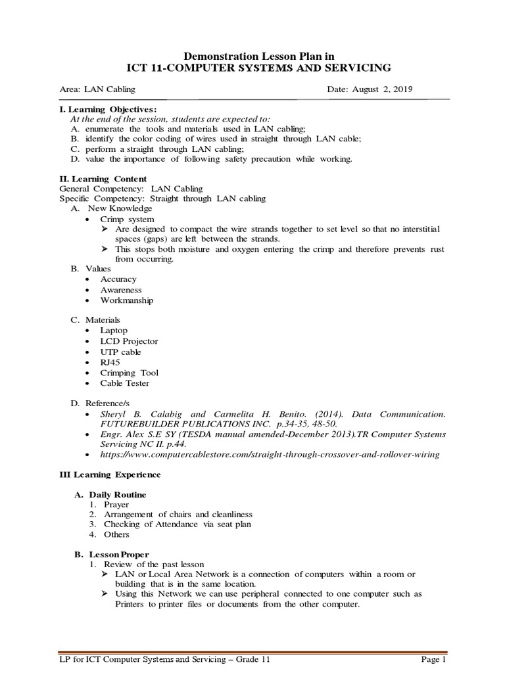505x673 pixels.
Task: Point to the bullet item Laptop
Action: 114,331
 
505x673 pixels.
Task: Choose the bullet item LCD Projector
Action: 129,341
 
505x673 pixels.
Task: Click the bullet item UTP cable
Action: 120,352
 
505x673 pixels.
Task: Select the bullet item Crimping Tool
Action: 129,373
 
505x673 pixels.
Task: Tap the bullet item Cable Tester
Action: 125,383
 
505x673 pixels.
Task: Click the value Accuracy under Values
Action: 118,279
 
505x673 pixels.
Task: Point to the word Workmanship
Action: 127,300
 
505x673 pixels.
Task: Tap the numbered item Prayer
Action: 116,504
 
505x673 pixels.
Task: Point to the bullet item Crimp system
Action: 127,219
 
